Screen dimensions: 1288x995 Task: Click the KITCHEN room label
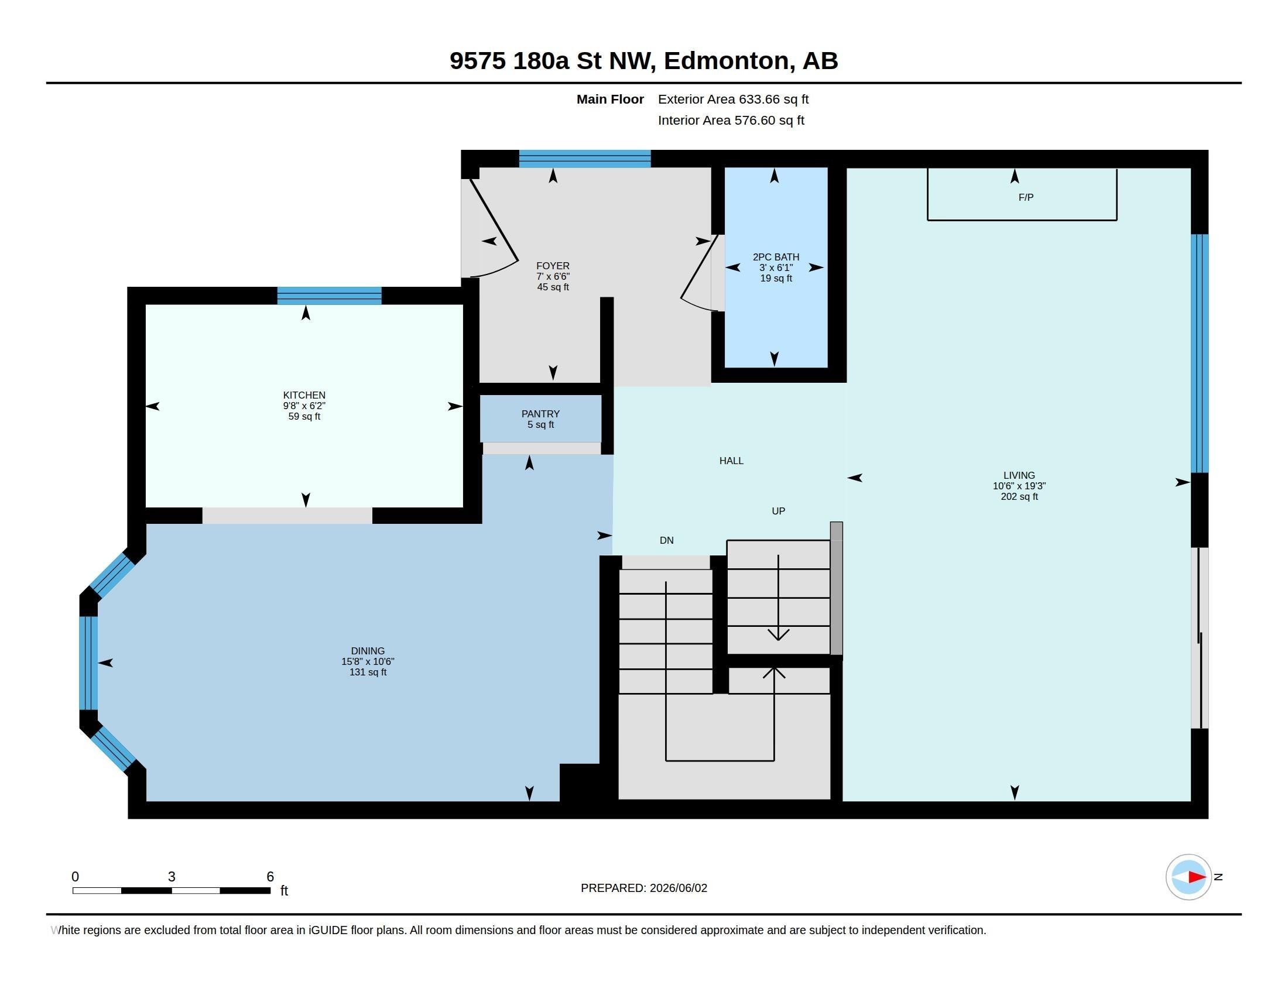304,395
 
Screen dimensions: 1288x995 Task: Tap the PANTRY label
540,414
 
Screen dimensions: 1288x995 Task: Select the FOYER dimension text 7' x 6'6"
553,276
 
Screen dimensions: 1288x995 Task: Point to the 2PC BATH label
776,257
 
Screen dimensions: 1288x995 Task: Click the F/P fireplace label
1026,197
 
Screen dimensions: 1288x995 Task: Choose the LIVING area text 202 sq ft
1019,496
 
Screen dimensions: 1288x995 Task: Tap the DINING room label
368,651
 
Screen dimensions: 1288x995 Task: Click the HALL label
731,461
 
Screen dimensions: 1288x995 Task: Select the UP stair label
778,511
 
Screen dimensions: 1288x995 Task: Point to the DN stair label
666,541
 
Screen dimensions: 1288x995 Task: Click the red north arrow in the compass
1197,877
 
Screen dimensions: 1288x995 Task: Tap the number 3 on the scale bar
172,877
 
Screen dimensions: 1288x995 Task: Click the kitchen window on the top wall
329,296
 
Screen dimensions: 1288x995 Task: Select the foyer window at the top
584,159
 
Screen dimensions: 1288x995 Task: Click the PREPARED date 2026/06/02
678,888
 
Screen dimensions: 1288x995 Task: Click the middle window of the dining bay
88,663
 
